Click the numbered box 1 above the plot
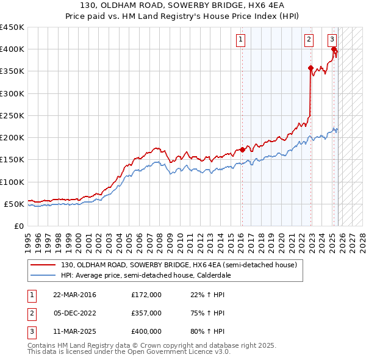click(241, 40)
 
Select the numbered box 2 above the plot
click(309, 40)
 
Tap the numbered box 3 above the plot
click(332, 40)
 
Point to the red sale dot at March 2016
click(242, 149)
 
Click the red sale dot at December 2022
click(310, 68)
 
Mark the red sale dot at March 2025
click(334, 49)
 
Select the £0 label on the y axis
click(18, 226)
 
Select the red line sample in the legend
click(43, 265)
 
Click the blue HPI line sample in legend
click(43, 276)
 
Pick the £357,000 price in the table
click(146, 313)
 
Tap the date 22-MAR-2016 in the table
click(74, 295)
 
